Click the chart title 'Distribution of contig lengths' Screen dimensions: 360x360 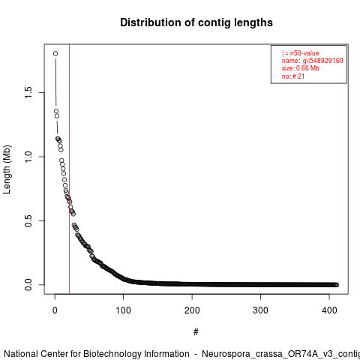pos(196,22)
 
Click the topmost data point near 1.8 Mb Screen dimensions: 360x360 pos(55,53)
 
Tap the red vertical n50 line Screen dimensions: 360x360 pos(69,169)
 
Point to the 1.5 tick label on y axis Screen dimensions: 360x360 pos(28,93)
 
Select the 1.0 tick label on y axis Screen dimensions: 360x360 pos(28,157)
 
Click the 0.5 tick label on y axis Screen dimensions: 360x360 pos(28,220)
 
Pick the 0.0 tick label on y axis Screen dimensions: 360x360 pos(28,285)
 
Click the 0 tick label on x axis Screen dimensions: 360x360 pos(55,310)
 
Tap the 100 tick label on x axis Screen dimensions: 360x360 pos(123,310)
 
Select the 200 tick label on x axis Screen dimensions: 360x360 pos(192,310)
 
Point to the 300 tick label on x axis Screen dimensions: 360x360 pos(260,310)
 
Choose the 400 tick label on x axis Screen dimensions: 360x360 pos(329,310)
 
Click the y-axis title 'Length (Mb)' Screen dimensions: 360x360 pos(7,169)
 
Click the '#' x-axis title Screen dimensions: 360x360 pos(196,332)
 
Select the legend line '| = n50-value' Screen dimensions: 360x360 pos(301,53)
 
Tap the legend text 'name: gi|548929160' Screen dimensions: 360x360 pos(313,61)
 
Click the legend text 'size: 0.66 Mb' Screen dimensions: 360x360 pos(301,68)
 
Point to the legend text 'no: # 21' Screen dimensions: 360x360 pos(293,76)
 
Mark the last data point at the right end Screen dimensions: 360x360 pos(337,285)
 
